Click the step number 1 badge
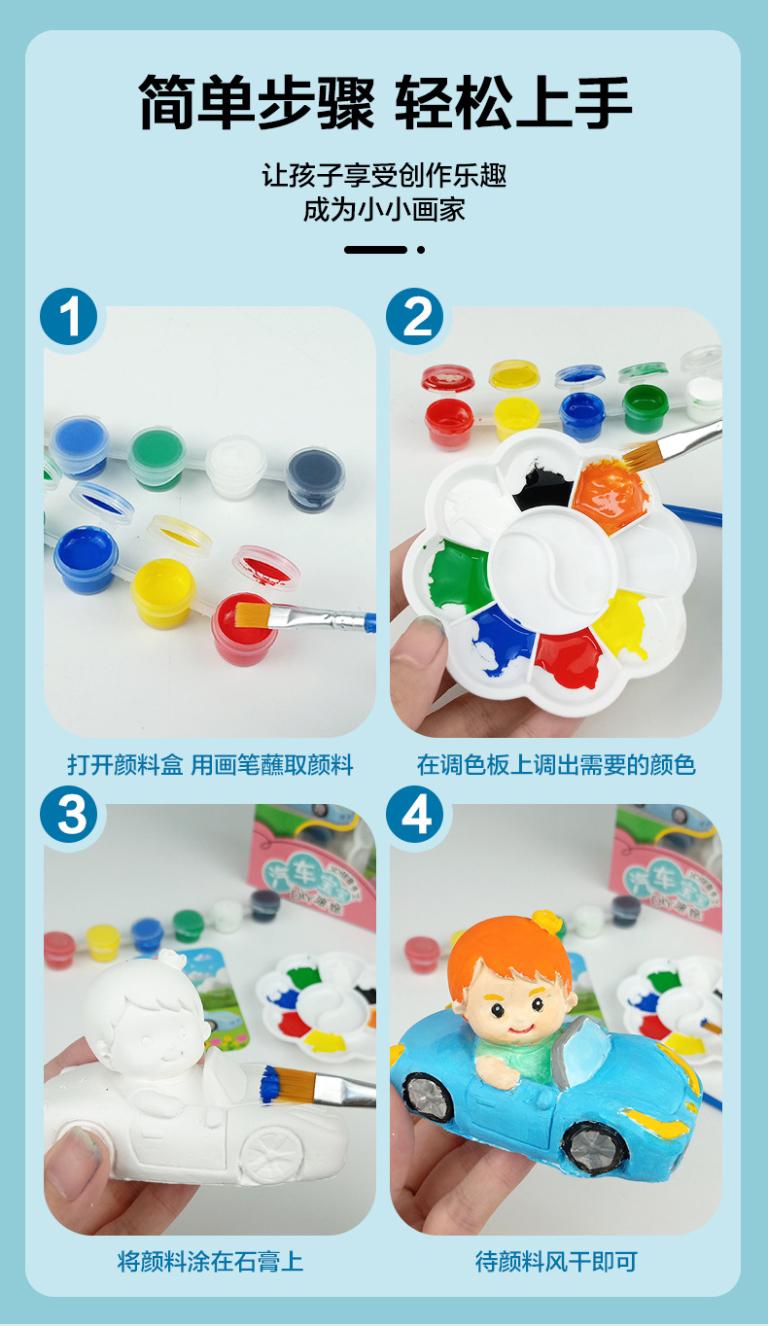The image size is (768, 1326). pyautogui.click(x=70, y=317)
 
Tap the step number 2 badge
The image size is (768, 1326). pyautogui.click(x=415, y=317)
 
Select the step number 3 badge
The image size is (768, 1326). pyautogui.click(x=70, y=815)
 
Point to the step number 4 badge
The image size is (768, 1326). pyautogui.click(x=415, y=815)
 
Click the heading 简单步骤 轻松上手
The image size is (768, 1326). pyautogui.click(x=384, y=102)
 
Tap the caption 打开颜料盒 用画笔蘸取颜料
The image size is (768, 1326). pyautogui.click(x=210, y=765)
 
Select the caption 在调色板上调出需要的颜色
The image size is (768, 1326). pyautogui.click(x=556, y=765)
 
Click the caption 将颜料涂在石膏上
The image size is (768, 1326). pyautogui.click(x=210, y=1262)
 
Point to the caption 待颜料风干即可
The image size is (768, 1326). pyautogui.click(x=556, y=1262)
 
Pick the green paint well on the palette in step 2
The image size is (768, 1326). pyautogui.click(x=459, y=576)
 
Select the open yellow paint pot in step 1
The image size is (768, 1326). pyautogui.click(x=162, y=591)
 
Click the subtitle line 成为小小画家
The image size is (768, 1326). pyautogui.click(x=384, y=209)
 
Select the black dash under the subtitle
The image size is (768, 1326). pyautogui.click(x=375, y=250)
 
